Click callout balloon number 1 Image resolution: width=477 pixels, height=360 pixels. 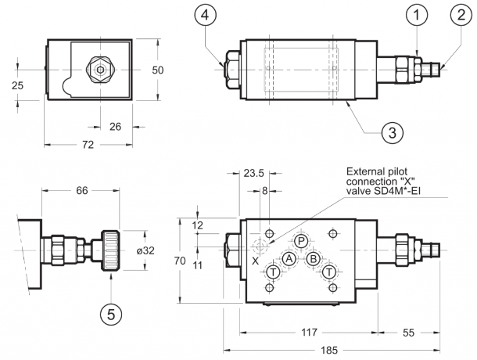click(418, 14)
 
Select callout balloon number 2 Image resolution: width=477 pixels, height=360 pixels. click(457, 14)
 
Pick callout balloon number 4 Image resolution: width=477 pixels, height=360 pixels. click(203, 14)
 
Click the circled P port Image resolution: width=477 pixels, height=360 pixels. click(301, 243)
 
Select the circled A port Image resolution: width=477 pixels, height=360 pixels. click(289, 259)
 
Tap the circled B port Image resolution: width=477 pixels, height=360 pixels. click(313, 259)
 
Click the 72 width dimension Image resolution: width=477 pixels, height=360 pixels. click(88, 146)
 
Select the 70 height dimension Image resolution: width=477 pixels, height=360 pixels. click(181, 261)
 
